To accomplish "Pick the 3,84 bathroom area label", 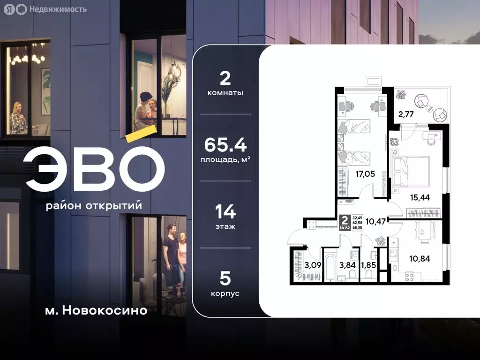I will (348, 265).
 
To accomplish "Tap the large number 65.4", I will (225, 145).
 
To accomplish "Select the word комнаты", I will (225, 93).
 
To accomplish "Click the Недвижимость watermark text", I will (58, 9).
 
